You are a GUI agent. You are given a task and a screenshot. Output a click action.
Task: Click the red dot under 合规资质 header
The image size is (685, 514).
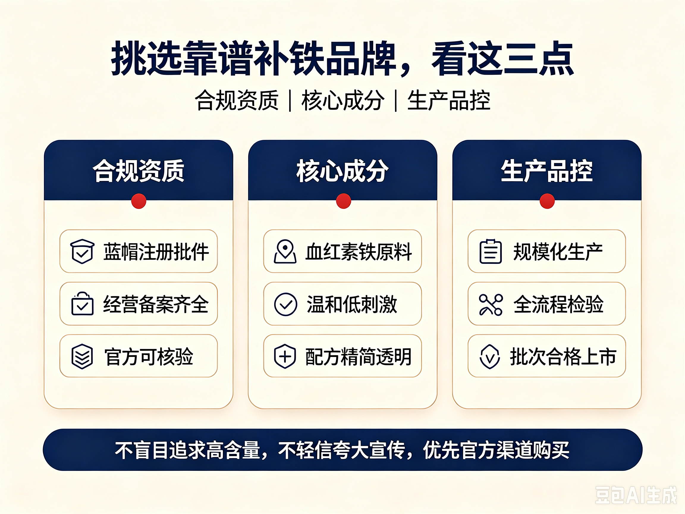(x=139, y=201)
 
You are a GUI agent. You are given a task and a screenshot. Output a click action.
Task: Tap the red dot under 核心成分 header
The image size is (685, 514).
(x=343, y=201)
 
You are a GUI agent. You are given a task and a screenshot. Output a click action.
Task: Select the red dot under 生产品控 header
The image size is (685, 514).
(x=547, y=201)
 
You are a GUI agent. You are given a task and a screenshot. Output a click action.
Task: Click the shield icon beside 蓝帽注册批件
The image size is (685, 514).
(x=82, y=251)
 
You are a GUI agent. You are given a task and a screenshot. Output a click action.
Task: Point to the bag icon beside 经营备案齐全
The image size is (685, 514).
(x=82, y=304)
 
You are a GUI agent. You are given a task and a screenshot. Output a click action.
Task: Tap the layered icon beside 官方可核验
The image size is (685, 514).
(x=82, y=356)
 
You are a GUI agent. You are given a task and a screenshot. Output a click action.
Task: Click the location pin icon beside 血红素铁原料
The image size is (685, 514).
(x=285, y=251)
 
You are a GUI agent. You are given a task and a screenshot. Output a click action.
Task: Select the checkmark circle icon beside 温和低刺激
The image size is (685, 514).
(x=285, y=304)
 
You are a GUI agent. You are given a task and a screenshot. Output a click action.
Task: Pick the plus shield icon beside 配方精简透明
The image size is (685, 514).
(x=285, y=356)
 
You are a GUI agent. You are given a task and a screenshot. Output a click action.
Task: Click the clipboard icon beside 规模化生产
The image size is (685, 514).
(x=491, y=251)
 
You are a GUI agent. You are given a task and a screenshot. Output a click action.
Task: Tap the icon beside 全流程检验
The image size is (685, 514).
(x=491, y=305)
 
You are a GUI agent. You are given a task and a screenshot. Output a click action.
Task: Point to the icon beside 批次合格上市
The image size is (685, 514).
(x=490, y=357)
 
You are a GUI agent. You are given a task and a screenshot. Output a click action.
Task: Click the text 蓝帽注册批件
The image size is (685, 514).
(x=156, y=252)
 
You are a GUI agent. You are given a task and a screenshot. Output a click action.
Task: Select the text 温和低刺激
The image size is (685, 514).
(x=352, y=304)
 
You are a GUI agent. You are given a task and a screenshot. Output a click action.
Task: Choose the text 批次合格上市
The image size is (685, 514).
(x=563, y=357)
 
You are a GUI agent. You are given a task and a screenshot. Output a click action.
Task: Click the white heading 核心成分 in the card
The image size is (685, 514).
(x=342, y=171)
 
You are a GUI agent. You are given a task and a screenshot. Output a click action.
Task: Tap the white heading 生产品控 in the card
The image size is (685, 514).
(x=547, y=171)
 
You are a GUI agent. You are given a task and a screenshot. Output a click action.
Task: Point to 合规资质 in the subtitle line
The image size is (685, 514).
(x=237, y=100)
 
